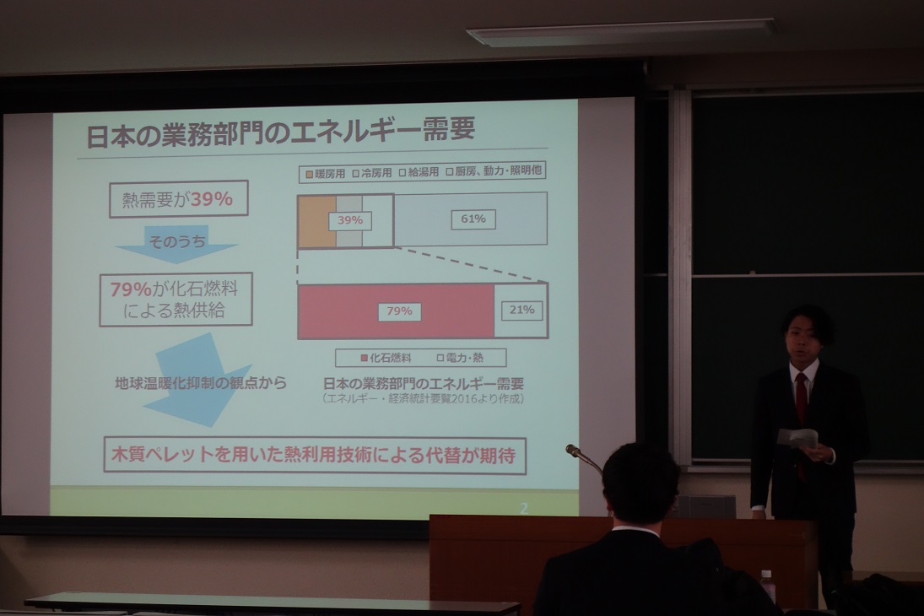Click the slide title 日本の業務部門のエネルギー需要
pos(280,132)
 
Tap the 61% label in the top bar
pos(473,219)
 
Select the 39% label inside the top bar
pos(350,220)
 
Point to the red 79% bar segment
pos(396,311)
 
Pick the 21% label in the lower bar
pos(522,310)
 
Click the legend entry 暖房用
pos(325,174)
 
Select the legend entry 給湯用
pos(419,173)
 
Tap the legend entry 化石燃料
pos(386,358)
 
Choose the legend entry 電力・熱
pos(460,358)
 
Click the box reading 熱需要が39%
pos(179,199)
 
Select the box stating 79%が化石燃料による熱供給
pos(176,300)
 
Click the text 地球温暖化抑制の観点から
pos(200,383)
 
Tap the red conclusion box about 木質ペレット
pos(315,455)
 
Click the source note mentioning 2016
pos(423,398)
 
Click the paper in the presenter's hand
pos(798,439)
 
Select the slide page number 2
pos(523,508)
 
